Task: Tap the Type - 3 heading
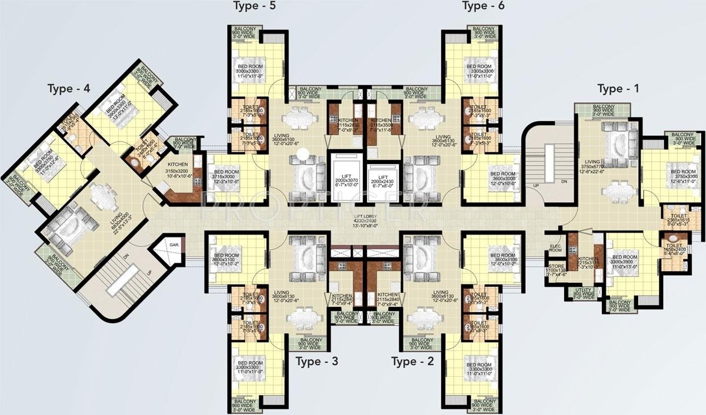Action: click(x=317, y=361)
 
